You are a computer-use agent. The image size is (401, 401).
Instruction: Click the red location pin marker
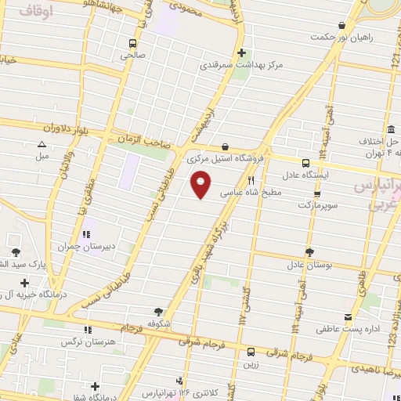coord(201,184)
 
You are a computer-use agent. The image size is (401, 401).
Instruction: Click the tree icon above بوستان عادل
coord(309,252)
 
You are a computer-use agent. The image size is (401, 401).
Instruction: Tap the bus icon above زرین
coord(251,352)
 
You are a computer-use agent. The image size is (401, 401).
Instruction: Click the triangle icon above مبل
coord(41,144)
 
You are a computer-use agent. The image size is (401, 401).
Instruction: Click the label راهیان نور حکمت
coord(341,37)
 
